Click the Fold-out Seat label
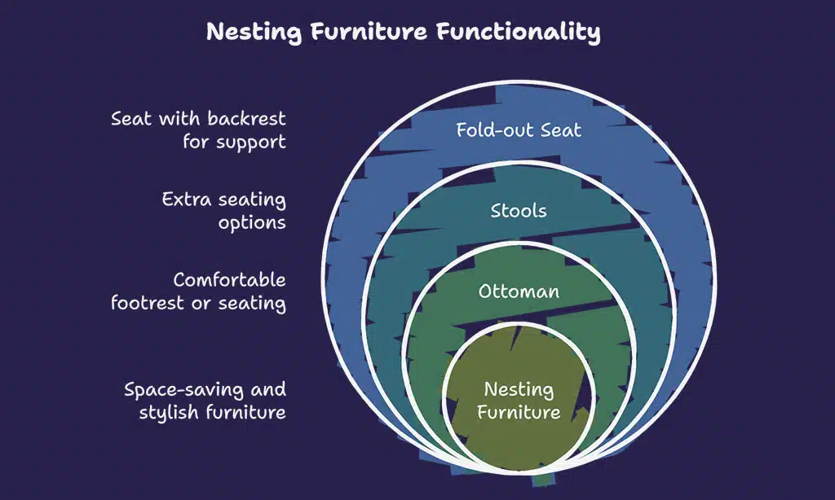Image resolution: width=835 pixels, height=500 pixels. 519,129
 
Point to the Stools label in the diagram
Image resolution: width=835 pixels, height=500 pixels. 519,211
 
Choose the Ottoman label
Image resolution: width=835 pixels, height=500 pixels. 519,292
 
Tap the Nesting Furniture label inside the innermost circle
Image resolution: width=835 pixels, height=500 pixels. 519,401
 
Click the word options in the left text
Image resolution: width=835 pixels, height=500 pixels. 252,222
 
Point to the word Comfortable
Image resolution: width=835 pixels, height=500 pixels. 229,280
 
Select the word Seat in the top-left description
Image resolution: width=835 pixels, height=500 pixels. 130,119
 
